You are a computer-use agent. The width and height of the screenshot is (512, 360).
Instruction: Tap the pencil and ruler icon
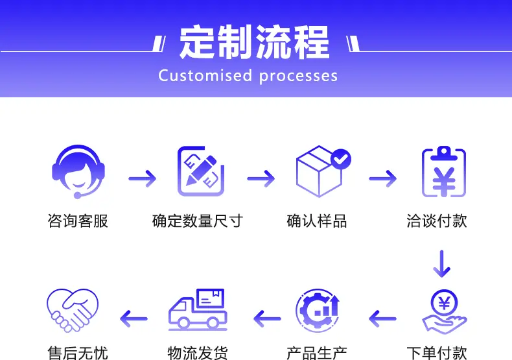[201, 171]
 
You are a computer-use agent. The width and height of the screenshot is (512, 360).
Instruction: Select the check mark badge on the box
[340, 159]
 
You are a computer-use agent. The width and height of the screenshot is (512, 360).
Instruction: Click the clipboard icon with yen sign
[444, 172]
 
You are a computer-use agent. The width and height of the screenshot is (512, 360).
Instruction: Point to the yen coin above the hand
[444, 303]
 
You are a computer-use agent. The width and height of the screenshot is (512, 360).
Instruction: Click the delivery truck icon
[198, 309]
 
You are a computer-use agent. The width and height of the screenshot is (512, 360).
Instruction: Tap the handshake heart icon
[73, 310]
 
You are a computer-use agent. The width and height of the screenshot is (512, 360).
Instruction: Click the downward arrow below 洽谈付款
[442, 263]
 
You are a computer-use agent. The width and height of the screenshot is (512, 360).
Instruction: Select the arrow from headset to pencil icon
[143, 178]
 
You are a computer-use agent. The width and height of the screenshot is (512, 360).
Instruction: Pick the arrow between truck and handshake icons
[134, 318]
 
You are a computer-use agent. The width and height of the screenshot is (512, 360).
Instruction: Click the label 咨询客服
[78, 221]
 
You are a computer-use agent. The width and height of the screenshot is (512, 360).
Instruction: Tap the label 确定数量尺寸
[198, 221]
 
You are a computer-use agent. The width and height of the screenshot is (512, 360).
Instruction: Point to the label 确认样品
[317, 221]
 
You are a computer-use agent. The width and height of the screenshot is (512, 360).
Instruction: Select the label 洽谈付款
[437, 221]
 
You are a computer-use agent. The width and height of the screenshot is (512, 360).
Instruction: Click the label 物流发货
[198, 353]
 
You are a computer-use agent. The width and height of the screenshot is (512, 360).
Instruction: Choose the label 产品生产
[317, 353]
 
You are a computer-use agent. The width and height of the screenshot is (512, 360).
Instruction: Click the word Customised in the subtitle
[205, 75]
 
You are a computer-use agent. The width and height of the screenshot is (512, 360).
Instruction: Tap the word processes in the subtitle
[298, 77]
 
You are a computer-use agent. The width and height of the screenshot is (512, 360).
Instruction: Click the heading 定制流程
[254, 42]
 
